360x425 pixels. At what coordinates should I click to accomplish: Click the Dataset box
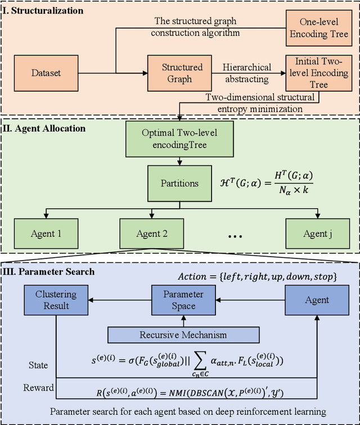click(x=46, y=73)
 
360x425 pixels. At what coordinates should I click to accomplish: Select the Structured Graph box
click(x=182, y=73)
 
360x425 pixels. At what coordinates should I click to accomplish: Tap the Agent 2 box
click(x=152, y=234)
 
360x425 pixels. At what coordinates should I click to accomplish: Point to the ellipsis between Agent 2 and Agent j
click(x=236, y=237)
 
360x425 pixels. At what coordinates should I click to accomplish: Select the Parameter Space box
click(x=183, y=300)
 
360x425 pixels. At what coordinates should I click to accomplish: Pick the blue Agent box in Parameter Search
click(x=317, y=300)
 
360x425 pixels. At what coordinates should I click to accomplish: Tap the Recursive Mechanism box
click(x=183, y=335)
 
